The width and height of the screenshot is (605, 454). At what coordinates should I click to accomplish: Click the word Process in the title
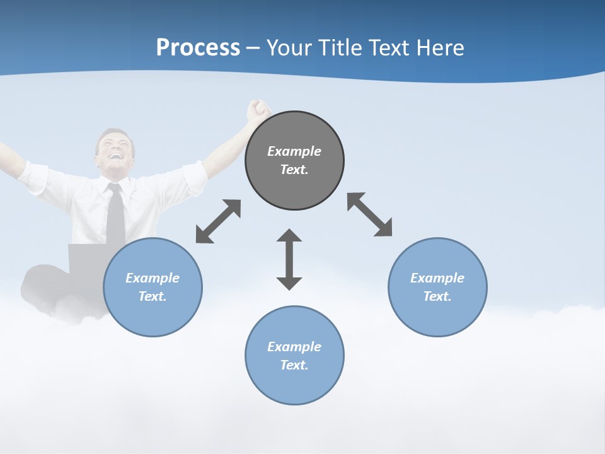point(198,48)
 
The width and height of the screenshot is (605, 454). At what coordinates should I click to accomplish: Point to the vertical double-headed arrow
point(289,259)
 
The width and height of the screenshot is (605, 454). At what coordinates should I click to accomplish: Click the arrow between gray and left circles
point(218,221)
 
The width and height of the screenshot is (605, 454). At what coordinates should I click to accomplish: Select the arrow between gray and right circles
point(369,214)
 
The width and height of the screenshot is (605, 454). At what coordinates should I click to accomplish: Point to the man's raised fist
point(258,110)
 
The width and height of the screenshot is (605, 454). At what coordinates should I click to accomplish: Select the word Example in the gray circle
point(294,151)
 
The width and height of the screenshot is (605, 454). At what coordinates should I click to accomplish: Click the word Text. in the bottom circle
point(294,365)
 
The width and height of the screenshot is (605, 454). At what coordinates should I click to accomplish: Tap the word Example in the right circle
point(437,278)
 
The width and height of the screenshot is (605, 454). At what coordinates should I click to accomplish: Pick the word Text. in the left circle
point(153,296)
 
